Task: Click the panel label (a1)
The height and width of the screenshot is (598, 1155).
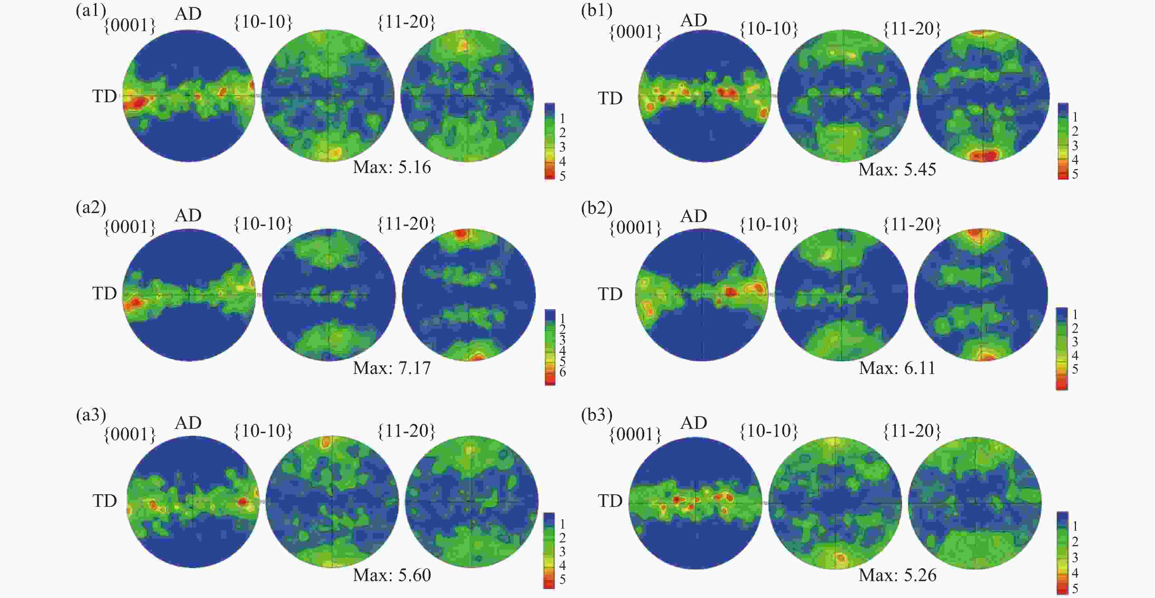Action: [x=90, y=11]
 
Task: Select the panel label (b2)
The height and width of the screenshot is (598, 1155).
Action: [x=596, y=208]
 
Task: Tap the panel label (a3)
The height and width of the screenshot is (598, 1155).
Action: [x=90, y=415]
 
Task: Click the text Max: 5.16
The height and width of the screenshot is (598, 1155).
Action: [x=391, y=167]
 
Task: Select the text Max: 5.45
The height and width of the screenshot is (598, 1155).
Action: [x=897, y=170]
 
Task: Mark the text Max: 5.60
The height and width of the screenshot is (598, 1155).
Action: [x=391, y=575]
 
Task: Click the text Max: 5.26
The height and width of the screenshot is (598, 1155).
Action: [x=897, y=575]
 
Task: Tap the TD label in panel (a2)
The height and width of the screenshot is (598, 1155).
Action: [x=105, y=294]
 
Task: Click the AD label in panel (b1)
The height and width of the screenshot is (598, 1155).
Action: [x=693, y=20]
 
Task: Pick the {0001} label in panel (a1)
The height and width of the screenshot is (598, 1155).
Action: [x=129, y=26]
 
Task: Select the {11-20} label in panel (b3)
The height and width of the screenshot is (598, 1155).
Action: [x=912, y=432]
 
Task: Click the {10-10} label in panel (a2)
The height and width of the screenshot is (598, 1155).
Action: [x=263, y=224]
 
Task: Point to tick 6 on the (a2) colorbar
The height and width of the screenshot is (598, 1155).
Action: [x=562, y=372]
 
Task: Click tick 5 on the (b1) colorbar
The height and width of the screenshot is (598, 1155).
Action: [x=1075, y=174]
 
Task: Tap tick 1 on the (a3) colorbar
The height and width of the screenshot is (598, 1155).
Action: [x=562, y=524]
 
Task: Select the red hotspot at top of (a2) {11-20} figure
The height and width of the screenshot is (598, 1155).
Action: [x=461, y=234]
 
